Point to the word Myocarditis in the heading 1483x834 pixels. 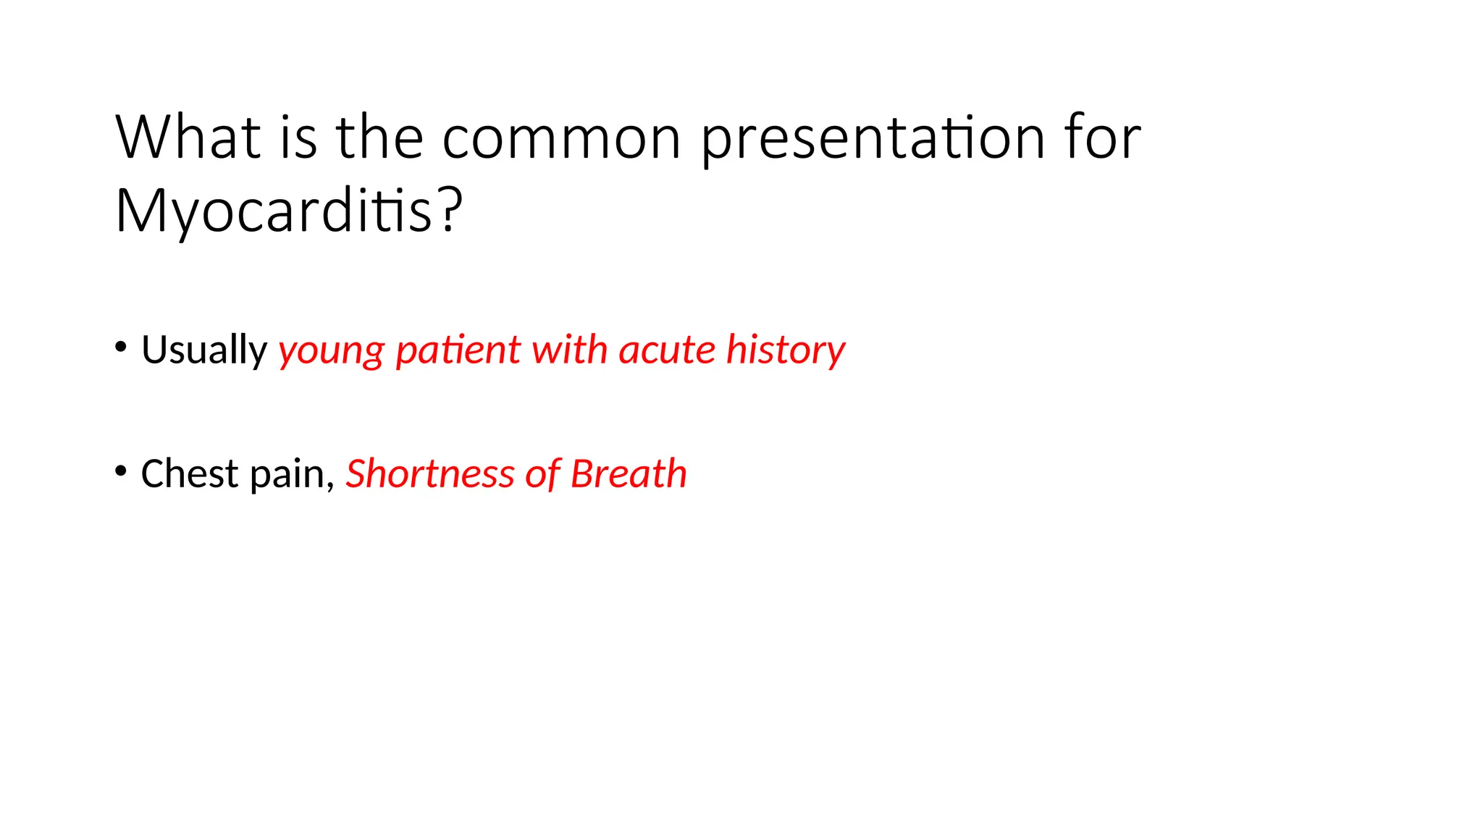click(x=274, y=211)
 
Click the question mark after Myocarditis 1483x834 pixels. click(x=450, y=211)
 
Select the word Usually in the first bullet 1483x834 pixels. click(x=204, y=350)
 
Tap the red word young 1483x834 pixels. click(x=332, y=350)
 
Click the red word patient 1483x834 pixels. click(x=458, y=350)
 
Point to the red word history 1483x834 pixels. click(x=786, y=350)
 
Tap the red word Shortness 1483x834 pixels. click(x=429, y=474)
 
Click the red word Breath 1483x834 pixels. click(x=629, y=474)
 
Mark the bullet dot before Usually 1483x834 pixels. click(x=121, y=347)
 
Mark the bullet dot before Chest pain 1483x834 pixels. click(x=121, y=471)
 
